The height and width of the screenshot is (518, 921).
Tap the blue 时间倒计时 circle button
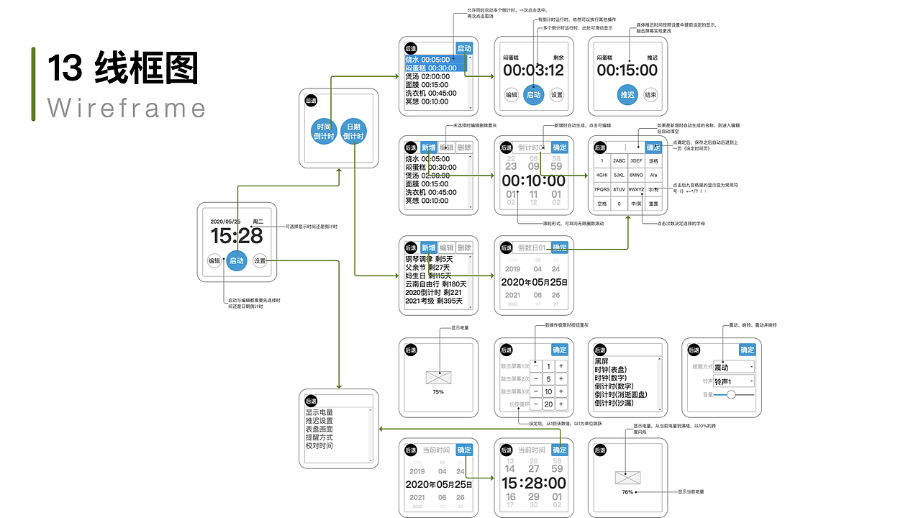point(324,130)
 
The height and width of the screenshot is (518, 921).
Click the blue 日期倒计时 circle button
point(353,130)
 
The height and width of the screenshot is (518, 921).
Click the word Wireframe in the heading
point(127,108)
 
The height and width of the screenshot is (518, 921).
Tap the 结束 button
point(650,94)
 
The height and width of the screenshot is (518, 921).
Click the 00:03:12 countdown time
point(533,71)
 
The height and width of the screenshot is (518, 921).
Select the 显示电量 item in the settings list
point(319,412)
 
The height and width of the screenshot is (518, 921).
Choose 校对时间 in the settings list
point(319,446)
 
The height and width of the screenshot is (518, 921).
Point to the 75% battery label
point(438,392)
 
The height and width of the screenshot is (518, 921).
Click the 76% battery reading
point(627,492)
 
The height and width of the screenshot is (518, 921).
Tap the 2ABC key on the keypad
point(619,161)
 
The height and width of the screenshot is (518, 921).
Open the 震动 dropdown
point(734,367)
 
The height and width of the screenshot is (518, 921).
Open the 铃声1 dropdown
point(734,381)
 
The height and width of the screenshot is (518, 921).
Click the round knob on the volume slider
point(732,394)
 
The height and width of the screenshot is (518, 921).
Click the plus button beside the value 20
point(561,404)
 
